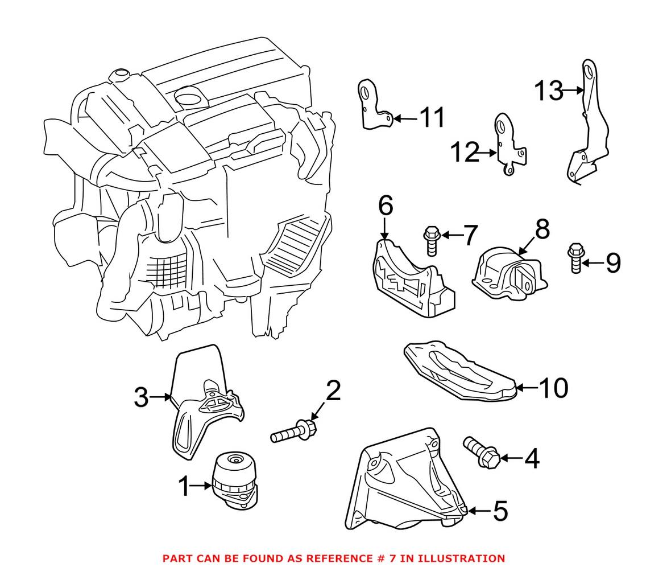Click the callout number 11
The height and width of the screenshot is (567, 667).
[432, 118]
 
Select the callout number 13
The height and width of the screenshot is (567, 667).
[548, 91]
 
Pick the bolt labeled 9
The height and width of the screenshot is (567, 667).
[575, 257]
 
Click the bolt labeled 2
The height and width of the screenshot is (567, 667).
[293, 432]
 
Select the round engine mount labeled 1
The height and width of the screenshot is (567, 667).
[234, 479]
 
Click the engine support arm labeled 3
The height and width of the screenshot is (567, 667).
[199, 398]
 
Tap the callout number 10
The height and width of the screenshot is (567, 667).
[553, 388]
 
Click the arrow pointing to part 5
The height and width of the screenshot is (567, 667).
[477, 511]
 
